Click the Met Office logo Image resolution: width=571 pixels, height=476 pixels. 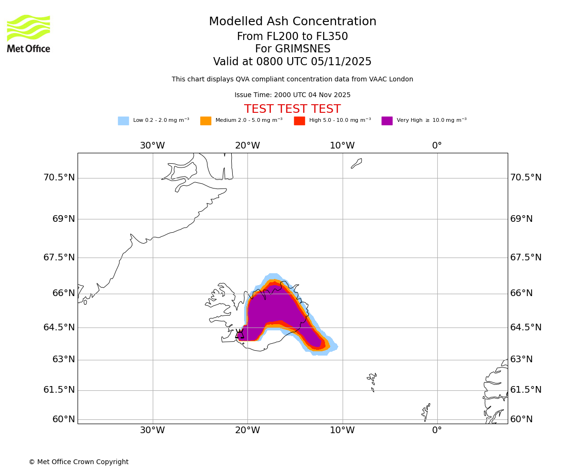point(29,33)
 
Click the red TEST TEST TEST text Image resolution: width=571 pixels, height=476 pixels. point(292,109)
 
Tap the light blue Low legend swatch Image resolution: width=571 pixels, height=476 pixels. point(123,121)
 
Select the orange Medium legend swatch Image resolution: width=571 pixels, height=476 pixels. point(206,121)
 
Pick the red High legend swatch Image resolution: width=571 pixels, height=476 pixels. point(299,121)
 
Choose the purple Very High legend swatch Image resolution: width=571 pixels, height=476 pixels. point(387,121)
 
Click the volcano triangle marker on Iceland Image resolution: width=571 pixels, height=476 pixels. point(239,334)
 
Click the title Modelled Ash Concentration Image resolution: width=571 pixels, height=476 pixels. point(292,22)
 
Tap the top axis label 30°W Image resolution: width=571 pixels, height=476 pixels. point(152,146)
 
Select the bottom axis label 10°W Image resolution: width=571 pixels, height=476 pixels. point(342,430)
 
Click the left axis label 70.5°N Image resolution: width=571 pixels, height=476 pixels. point(59,178)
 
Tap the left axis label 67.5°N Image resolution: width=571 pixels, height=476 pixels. point(59,258)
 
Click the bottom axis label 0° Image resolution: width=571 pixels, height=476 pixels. point(437,430)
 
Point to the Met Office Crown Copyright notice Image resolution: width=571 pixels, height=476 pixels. point(79,462)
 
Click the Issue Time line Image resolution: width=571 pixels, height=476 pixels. point(292,95)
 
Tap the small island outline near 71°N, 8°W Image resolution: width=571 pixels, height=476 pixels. point(356,163)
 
